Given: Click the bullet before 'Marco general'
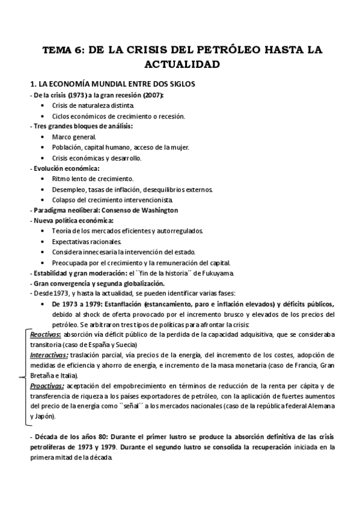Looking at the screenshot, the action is (x=42, y=137).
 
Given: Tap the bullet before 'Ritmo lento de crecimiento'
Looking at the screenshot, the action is (x=42, y=179).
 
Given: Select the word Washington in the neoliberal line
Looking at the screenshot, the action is (x=157, y=210).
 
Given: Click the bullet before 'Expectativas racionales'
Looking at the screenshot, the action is (x=42, y=241).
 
